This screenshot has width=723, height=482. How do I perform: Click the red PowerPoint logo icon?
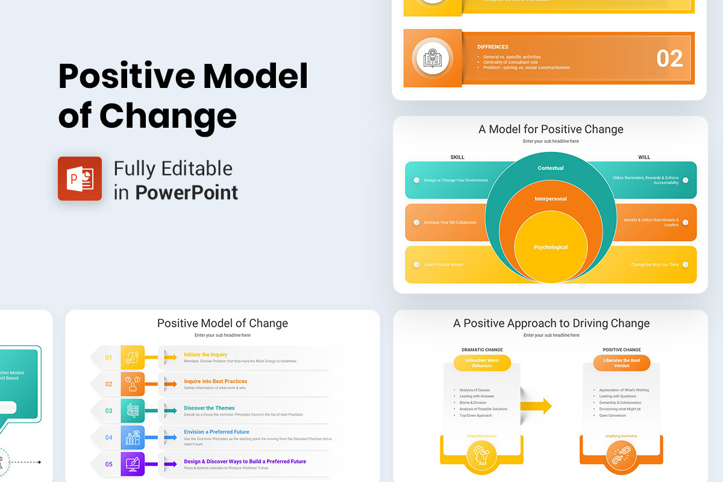tap(80, 178)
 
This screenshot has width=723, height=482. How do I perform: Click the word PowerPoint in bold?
tap(186, 192)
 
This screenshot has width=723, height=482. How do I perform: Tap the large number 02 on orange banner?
tap(669, 58)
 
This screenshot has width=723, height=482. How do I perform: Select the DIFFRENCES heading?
tap(493, 47)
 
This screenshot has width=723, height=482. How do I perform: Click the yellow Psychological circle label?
tap(551, 247)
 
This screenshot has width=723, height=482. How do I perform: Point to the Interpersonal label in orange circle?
tap(551, 199)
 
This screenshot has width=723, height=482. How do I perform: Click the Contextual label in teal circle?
tap(551, 168)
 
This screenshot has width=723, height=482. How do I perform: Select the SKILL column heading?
tap(457, 157)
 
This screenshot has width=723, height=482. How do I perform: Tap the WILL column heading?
tap(644, 157)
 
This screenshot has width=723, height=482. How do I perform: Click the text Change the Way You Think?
tap(655, 264)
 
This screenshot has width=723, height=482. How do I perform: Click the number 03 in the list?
tap(109, 411)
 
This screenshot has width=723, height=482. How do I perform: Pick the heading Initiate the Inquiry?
tap(205, 355)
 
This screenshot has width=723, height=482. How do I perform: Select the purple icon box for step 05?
tap(133, 464)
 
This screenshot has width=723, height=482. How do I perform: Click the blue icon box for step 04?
tap(133, 437)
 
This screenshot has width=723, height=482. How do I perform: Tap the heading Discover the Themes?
tap(209, 408)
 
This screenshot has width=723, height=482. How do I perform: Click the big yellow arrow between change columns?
tap(538, 406)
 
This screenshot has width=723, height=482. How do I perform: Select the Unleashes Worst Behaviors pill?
tap(482, 363)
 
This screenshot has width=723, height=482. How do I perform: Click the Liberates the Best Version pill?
tap(621, 363)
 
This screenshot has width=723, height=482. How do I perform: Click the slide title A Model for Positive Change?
tap(551, 129)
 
